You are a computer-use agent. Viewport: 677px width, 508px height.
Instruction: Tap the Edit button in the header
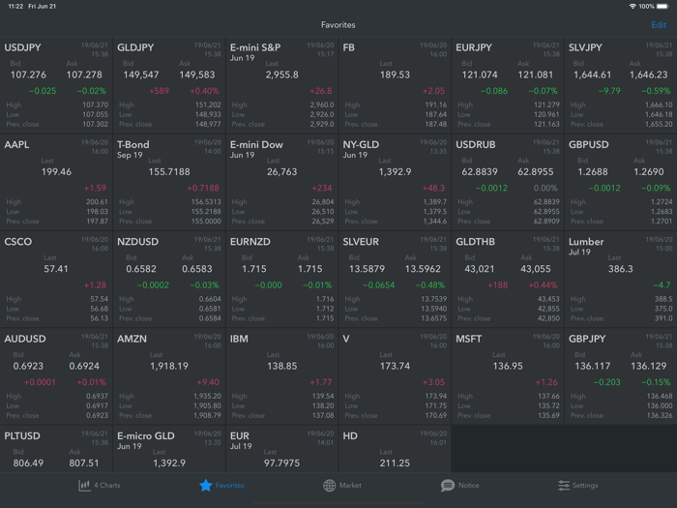659,25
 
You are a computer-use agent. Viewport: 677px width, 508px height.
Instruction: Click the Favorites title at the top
338,25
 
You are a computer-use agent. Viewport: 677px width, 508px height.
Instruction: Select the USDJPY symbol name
23,47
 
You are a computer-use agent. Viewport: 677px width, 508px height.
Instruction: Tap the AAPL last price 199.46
57,171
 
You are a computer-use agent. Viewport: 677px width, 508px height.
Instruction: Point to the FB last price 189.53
396,75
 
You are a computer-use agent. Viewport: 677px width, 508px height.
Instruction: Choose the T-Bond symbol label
133,144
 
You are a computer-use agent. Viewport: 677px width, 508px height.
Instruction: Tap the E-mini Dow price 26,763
282,171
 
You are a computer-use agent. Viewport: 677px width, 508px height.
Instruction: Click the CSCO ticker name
18,242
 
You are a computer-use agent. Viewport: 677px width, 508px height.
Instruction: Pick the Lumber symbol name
586,242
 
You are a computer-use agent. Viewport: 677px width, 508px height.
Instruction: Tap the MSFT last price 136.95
508,366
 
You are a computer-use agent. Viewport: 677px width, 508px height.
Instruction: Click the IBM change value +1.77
321,382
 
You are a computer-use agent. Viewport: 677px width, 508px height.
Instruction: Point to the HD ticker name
350,435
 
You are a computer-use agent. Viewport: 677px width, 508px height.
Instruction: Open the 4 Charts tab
100,485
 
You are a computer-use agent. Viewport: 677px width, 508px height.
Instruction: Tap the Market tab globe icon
330,485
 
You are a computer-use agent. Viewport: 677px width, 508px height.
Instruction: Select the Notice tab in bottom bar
460,485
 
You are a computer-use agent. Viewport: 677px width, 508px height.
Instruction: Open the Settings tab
577,485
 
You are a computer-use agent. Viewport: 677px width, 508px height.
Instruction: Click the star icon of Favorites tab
205,485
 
